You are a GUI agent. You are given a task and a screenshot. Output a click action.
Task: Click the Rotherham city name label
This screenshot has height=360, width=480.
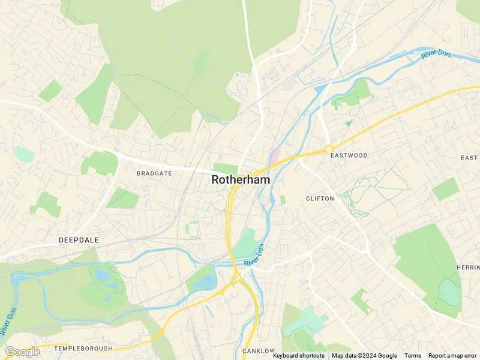pyautogui.click(x=241, y=179)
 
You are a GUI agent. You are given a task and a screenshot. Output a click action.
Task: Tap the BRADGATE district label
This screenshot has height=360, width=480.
pyautogui.click(x=154, y=173)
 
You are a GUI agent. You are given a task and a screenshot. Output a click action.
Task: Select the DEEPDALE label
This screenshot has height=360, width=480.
pyautogui.click(x=79, y=239)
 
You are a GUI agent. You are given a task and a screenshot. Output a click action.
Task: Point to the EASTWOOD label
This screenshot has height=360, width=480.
pyautogui.click(x=349, y=155)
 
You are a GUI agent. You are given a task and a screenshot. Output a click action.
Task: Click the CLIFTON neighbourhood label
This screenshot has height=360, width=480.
pyautogui.click(x=320, y=198)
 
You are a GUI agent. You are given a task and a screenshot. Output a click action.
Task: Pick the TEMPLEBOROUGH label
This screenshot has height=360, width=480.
pyautogui.click(x=83, y=348)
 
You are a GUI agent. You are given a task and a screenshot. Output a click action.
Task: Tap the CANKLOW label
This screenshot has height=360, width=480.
pyautogui.click(x=259, y=350)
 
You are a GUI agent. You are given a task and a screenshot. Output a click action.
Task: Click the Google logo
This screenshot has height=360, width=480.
pyautogui.click(x=22, y=352)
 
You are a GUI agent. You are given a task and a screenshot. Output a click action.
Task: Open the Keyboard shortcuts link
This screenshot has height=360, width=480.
pyautogui.click(x=298, y=356)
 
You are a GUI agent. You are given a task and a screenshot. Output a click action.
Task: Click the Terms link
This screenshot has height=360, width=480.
pyautogui.click(x=412, y=356)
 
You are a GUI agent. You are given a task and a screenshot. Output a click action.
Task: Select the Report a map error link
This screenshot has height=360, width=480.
pyautogui.click(x=453, y=356)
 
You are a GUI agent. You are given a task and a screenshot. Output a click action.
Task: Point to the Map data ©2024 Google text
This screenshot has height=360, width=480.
pyautogui.click(x=364, y=356)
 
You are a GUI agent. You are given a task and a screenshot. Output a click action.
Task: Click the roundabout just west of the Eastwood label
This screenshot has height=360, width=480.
pyautogui.click(x=329, y=148)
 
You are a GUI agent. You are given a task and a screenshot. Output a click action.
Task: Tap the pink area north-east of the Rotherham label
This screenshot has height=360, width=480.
pyautogui.click(x=275, y=155)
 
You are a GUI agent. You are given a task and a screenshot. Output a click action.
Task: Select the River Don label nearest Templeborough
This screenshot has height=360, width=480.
pyautogui.click(x=8, y=321)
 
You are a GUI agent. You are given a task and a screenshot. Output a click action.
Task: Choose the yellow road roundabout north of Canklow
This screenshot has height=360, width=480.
pyautogui.click(x=237, y=278)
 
